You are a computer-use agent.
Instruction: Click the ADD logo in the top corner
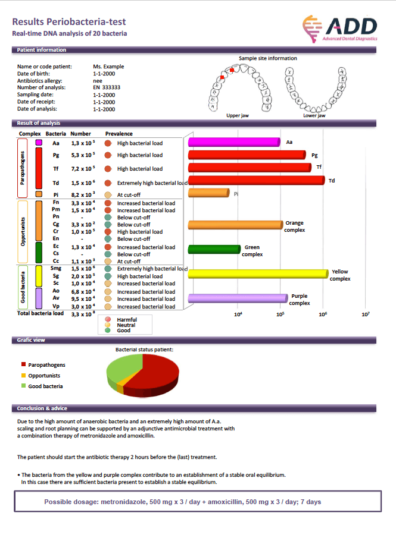[340, 27]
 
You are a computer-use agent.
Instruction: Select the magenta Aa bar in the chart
[234, 142]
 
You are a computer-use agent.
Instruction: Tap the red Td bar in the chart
[256, 180]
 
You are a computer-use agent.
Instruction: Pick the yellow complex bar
[257, 273]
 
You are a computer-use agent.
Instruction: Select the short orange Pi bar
[208, 193]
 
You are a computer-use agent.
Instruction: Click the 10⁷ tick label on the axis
[366, 314]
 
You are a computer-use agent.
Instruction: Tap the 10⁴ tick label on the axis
[238, 314]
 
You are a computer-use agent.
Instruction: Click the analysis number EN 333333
[107, 87]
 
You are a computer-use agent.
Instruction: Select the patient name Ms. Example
[108, 67]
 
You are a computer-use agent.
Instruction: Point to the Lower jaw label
[314, 115]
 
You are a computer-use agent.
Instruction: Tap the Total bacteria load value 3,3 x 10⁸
[83, 313]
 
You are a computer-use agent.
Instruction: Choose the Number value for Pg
[83, 155]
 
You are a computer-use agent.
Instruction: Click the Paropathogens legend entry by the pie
[46, 364]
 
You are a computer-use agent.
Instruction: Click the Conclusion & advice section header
[42, 408]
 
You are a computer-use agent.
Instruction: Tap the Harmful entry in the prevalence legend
[126, 319]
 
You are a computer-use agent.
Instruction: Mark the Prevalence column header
[119, 134]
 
